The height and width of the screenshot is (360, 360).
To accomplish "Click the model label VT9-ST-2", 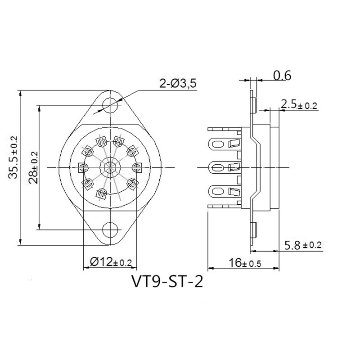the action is pos(167,282).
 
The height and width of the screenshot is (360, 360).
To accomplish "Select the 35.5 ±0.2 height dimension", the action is pos(13,157).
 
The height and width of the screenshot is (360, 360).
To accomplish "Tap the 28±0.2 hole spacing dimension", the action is pos(33,167).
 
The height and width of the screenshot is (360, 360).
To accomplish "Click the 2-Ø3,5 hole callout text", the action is pos(178,84).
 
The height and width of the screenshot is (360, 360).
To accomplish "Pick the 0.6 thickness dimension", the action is pos(282,76).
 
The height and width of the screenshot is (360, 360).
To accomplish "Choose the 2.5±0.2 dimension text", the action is pos(299,105).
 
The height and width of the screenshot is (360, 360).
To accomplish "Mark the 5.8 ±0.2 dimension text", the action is pos(303,246).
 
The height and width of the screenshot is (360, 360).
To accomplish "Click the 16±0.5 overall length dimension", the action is pos(245,263).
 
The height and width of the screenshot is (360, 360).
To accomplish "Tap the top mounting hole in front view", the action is pos(110,105).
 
